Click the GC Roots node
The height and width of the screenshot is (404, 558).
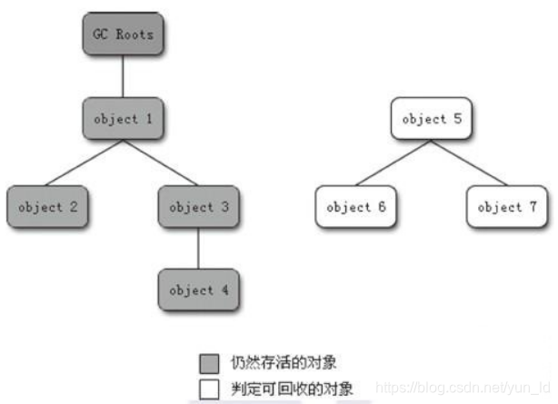tap(124, 35)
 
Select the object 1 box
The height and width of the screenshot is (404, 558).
tap(124, 119)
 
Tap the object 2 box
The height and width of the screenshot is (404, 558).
tap(46, 207)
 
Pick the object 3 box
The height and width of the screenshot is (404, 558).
tap(199, 207)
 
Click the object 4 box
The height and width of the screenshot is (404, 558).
tap(199, 291)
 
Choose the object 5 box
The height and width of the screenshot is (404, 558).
tap(432, 119)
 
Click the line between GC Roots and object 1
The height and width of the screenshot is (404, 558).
tap(124, 77)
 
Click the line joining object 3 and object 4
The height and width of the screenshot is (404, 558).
tap(199, 249)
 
